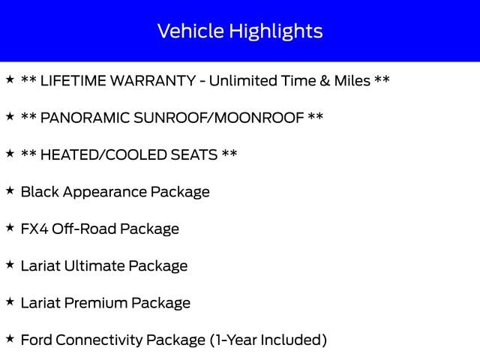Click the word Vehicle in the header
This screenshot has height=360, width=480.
pyautogui.click(x=190, y=31)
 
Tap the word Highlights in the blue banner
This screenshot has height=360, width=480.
pyautogui.click(x=276, y=31)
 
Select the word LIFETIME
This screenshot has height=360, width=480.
pyautogui.click(x=73, y=81)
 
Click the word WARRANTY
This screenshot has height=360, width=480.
pyautogui.click(x=153, y=81)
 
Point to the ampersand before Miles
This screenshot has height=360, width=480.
pyautogui.click(x=325, y=81)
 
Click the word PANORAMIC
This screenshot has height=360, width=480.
pyautogui.click(x=85, y=118)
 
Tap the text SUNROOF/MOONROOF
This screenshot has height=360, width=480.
pyautogui.click(x=218, y=118)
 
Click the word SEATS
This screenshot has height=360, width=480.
pyautogui.click(x=194, y=155)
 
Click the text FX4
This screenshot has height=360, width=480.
pyautogui.click(x=34, y=229)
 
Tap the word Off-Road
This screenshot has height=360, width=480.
pyautogui.click(x=83, y=229)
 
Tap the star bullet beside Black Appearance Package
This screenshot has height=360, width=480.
pyautogui.click(x=10, y=190)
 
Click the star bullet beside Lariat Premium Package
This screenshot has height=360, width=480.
pyautogui.click(x=10, y=301)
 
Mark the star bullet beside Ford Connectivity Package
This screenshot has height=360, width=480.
pyautogui.click(x=10, y=338)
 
